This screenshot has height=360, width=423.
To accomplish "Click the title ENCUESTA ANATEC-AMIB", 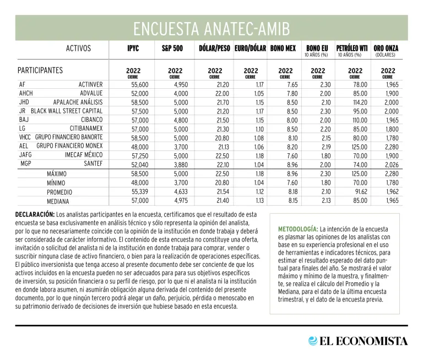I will click(211, 28).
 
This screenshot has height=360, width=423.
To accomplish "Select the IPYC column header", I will click(133, 49).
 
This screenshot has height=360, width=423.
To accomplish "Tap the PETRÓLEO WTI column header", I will click(351, 49).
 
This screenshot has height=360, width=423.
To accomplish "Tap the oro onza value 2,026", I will click(390, 164).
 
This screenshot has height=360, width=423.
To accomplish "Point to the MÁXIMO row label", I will click(57, 174).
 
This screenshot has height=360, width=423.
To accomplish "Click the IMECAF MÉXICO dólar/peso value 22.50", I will click(223, 155).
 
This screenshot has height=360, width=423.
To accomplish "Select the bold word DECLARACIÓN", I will click(35, 214).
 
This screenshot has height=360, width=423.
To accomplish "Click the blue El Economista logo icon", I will click(313, 341).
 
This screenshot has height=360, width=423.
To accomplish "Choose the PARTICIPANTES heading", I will click(40, 71).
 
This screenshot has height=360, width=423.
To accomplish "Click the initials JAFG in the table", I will click(25, 155).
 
